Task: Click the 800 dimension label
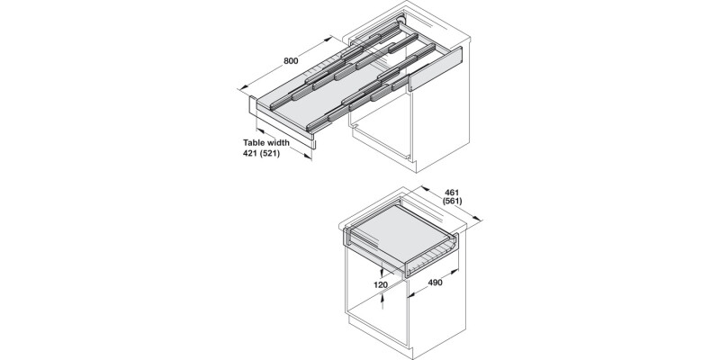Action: click(x=291, y=60)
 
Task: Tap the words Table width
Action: click(x=266, y=143)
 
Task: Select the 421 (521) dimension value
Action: click(x=261, y=153)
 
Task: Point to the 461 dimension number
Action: click(x=452, y=193)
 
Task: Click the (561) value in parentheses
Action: click(x=453, y=201)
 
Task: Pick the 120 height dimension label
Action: click(x=380, y=284)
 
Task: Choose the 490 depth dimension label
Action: click(x=435, y=283)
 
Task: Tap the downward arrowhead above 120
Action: click(x=382, y=274)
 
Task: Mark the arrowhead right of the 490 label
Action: click(x=455, y=272)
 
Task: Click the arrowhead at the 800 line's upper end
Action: click(x=328, y=39)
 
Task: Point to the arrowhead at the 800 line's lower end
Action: click(x=243, y=87)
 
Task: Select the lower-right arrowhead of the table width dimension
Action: click(x=308, y=157)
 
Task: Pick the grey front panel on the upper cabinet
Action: click(x=436, y=68)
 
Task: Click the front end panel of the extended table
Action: click(x=282, y=122)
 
